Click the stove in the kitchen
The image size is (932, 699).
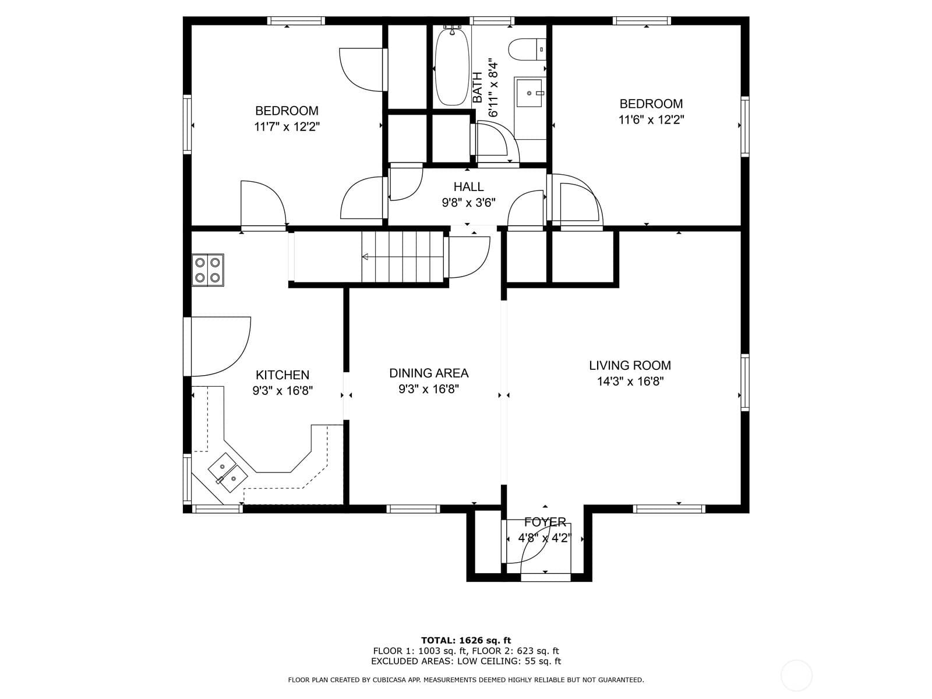coord(207,270)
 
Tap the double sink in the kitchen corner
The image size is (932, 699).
coord(228,472)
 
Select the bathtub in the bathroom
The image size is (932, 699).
coord(452,66)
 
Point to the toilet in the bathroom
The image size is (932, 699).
coord(527,50)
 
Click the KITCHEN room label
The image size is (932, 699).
coord(283,375)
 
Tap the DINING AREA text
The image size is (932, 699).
coord(429,373)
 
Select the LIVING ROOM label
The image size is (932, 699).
coord(630,365)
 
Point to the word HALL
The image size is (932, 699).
coord(468,187)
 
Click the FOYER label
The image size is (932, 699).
coord(545,522)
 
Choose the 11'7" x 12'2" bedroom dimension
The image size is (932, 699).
coord(287,126)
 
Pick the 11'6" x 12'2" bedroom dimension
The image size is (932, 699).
coord(651,119)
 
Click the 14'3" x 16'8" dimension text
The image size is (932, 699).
coord(630,382)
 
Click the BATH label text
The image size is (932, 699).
coord(478,87)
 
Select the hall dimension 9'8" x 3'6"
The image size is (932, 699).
coord(469,203)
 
